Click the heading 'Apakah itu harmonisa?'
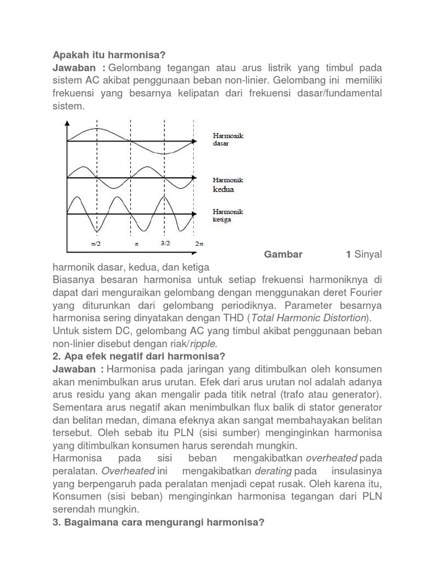[109, 55]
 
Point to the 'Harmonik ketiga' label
[228, 215]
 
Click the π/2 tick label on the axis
[96, 244]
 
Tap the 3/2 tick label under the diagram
[165, 243]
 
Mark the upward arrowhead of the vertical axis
[68, 123]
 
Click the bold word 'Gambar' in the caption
[283, 254]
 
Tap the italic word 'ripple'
[203, 343]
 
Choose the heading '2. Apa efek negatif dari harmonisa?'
[139, 356]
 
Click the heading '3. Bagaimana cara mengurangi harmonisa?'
[159, 522]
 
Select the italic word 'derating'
[274, 471]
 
